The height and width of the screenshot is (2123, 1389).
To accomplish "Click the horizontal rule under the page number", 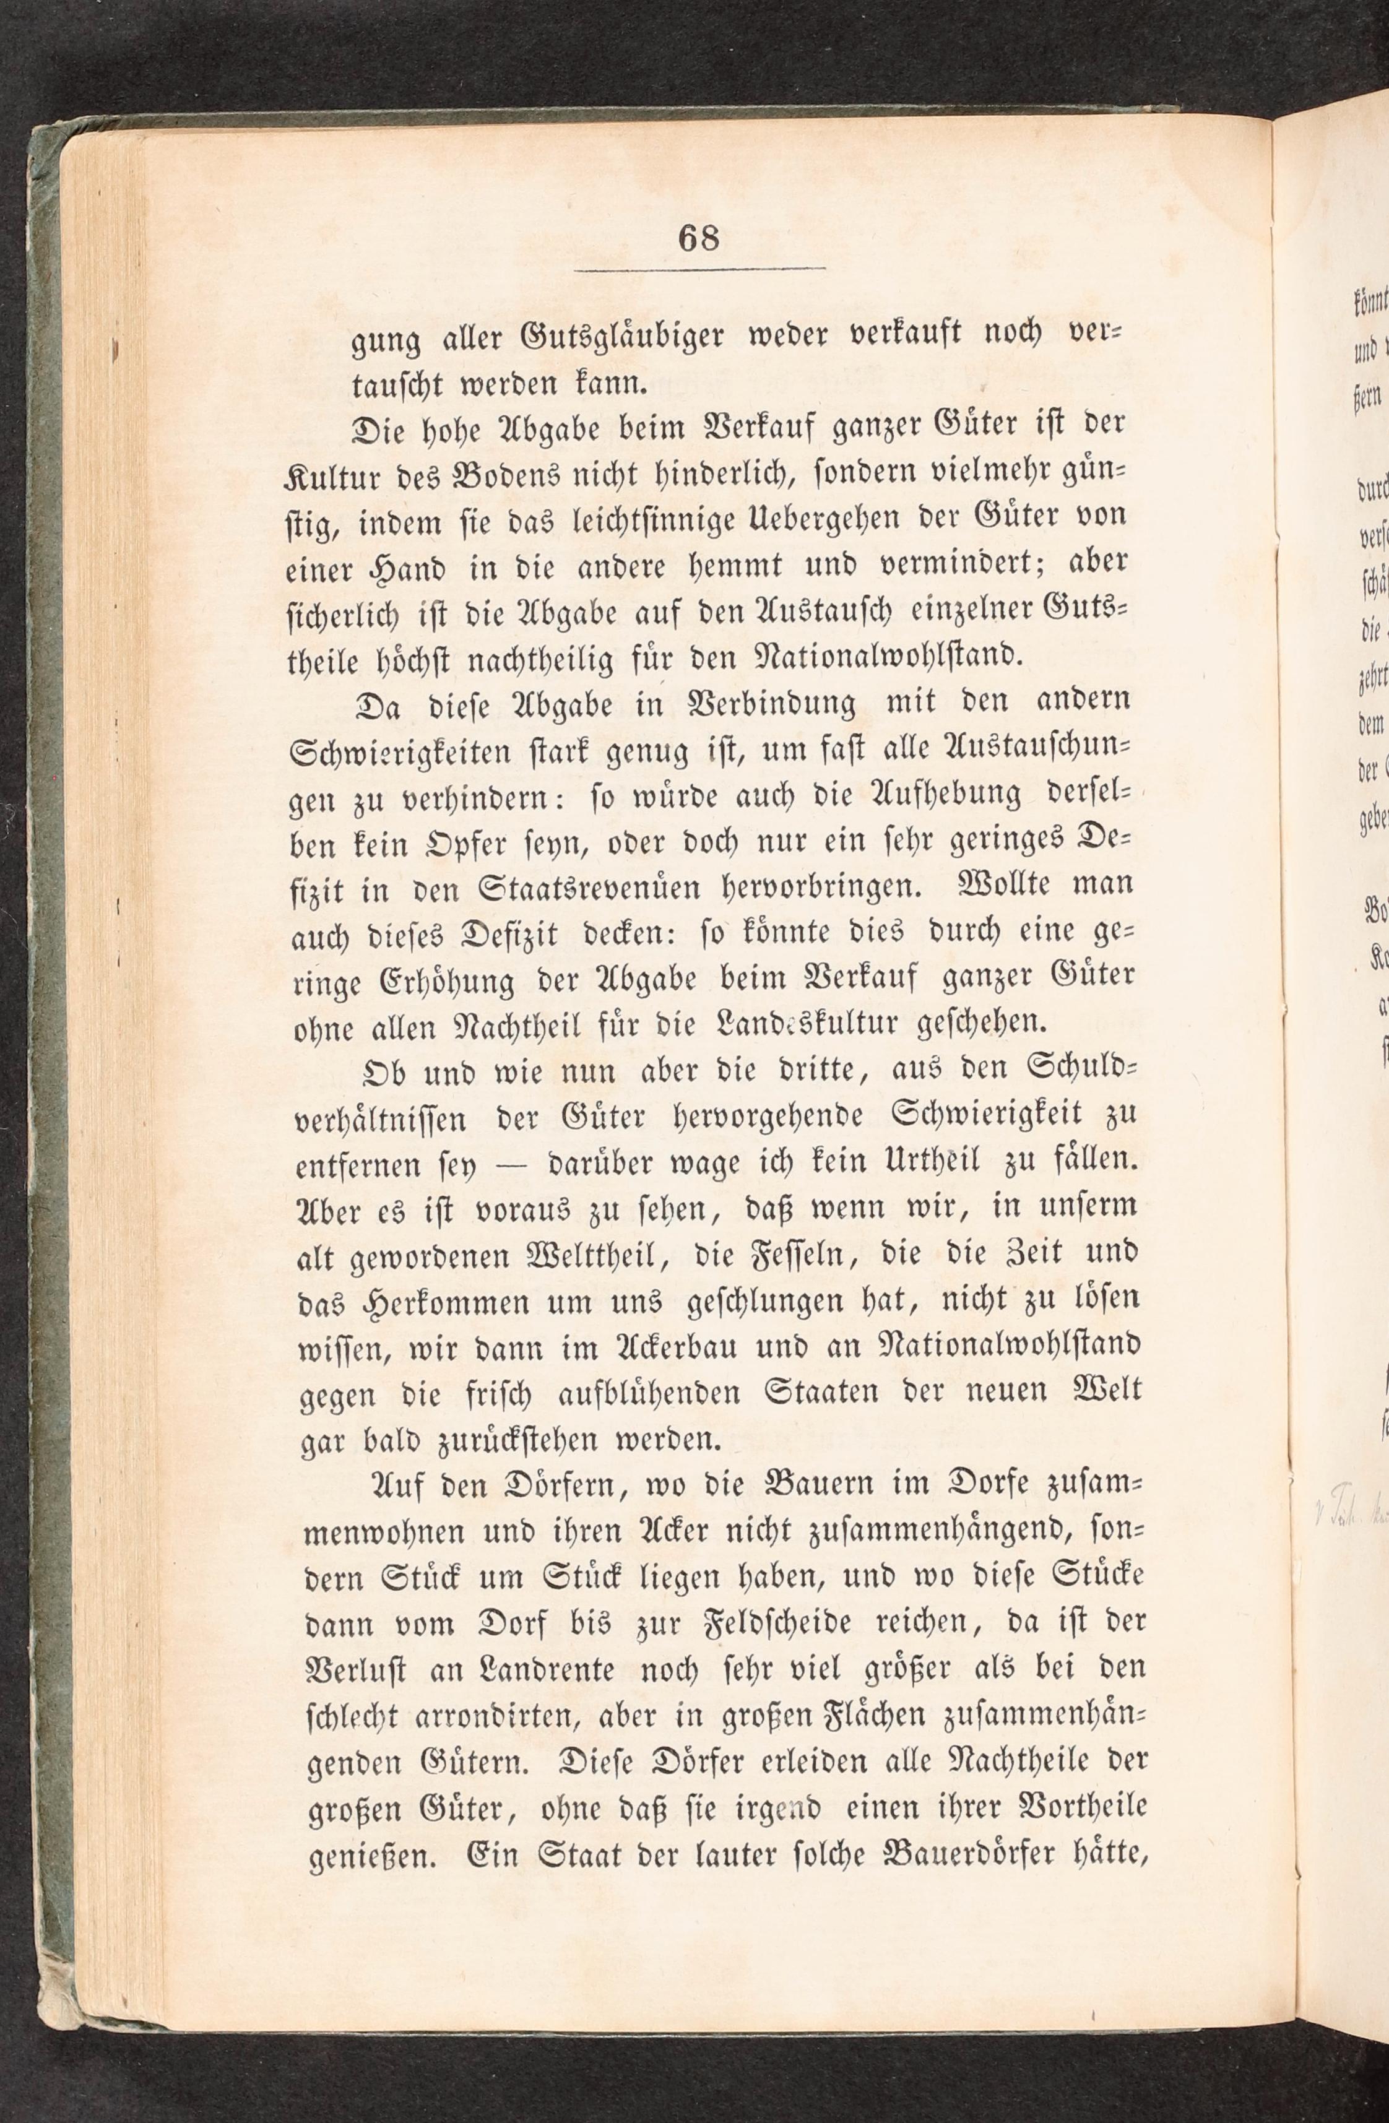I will coord(699,269).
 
